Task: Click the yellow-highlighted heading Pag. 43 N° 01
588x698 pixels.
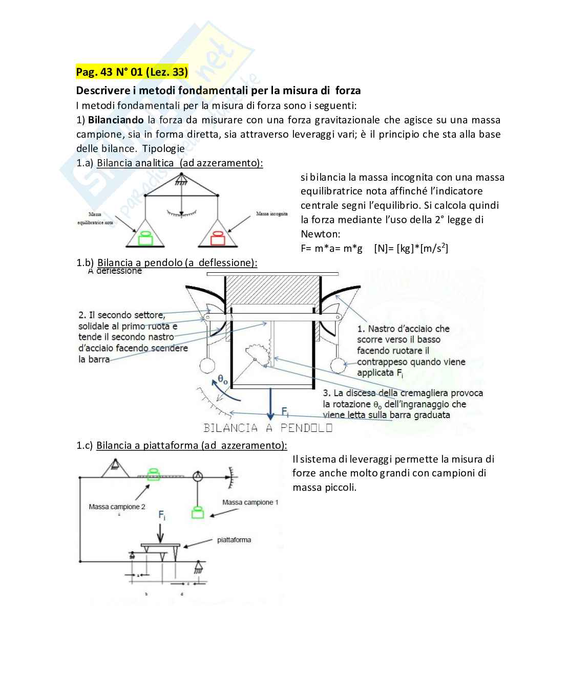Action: click(132, 72)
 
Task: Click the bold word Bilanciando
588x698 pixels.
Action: click(116, 120)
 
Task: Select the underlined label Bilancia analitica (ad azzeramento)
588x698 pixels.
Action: click(179, 163)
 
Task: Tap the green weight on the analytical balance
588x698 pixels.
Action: click(146, 238)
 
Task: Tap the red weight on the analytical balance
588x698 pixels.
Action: click(217, 238)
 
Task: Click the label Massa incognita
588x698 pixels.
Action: click(271, 213)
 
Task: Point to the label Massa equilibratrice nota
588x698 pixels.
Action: click(95, 219)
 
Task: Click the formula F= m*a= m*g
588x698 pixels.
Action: click(331, 249)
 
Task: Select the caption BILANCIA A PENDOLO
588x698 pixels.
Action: click(268, 428)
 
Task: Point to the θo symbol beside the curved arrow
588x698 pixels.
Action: click(223, 380)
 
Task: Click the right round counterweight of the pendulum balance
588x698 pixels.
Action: click(339, 365)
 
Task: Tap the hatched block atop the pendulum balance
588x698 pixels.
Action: click(272, 290)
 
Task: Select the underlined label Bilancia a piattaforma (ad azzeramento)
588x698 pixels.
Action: click(191, 445)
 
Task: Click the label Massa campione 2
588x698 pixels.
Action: click(117, 507)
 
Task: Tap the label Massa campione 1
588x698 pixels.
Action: click(250, 502)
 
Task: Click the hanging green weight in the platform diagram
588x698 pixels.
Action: click(197, 512)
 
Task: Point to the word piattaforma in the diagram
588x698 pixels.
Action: click(234, 540)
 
